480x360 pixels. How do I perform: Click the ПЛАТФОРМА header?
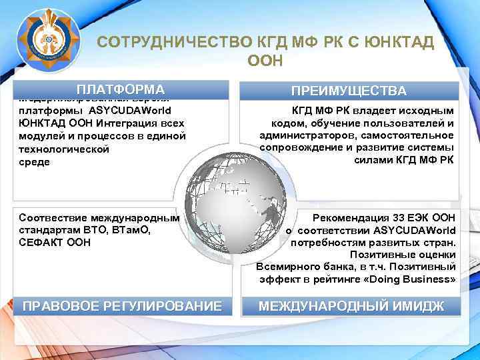pyautogui.click(x=121, y=89)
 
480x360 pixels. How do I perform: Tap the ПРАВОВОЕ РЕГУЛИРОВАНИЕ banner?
pyautogui.click(x=122, y=306)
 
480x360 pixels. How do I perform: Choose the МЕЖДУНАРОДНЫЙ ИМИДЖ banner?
pyautogui.click(x=351, y=306)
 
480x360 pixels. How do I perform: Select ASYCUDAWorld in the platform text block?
pyautogui.click(x=130, y=110)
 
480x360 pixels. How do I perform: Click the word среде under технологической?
pyautogui.click(x=34, y=162)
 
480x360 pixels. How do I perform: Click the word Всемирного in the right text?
pyautogui.click(x=285, y=267)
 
